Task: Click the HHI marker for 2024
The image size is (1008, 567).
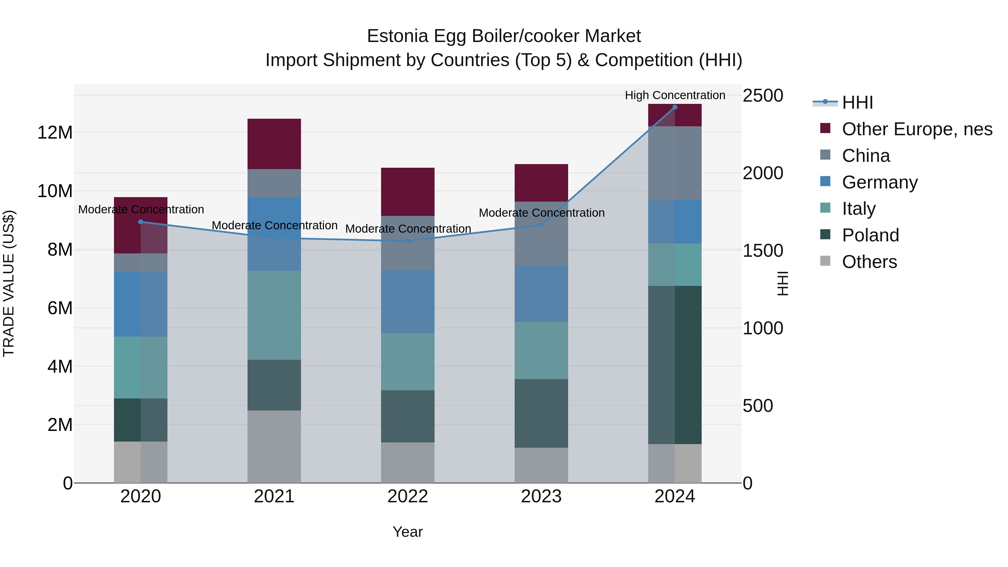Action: [x=675, y=107]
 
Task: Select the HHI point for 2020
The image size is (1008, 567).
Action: [x=141, y=222]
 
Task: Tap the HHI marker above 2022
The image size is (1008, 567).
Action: [x=408, y=241]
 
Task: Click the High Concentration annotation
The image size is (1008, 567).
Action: [x=675, y=95]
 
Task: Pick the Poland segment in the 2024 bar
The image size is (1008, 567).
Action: [x=675, y=365]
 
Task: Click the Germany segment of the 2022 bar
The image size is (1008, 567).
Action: [x=408, y=301]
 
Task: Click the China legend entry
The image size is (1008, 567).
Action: [x=865, y=156]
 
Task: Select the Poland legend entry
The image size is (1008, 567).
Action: [x=870, y=235]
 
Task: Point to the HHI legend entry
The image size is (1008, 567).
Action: [x=857, y=102]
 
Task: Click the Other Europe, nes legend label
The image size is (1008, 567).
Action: [x=917, y=129]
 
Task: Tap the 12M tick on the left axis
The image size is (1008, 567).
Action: [x=55, y=133]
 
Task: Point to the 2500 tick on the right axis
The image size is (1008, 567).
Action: [x=763, y=95]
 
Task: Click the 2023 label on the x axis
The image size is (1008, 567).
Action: [x=541, y=496]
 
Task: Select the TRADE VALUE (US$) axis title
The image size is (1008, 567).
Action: [x=9, y=283]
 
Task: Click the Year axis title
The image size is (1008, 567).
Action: [x=407, y=532]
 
